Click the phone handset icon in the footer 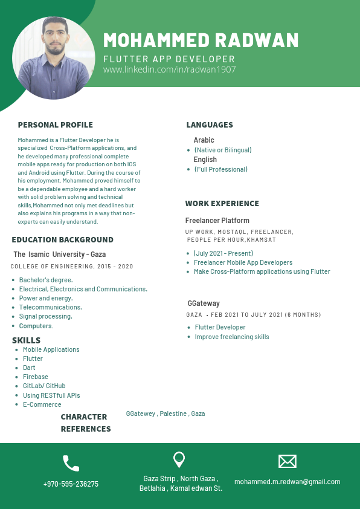71,463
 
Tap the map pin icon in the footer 179,460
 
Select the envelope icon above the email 287,461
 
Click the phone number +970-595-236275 71,484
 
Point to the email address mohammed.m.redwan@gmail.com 287,482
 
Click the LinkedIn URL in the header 169,70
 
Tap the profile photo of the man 53,58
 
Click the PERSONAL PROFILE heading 56,125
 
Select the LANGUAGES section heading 210,125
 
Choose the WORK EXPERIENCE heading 222,204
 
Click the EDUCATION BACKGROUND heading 62,240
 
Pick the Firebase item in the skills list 36,377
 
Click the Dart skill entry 29,368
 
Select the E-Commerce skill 42,404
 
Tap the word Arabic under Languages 204,140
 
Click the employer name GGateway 204,303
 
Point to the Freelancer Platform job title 217,221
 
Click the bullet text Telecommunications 50,307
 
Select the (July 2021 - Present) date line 223,253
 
